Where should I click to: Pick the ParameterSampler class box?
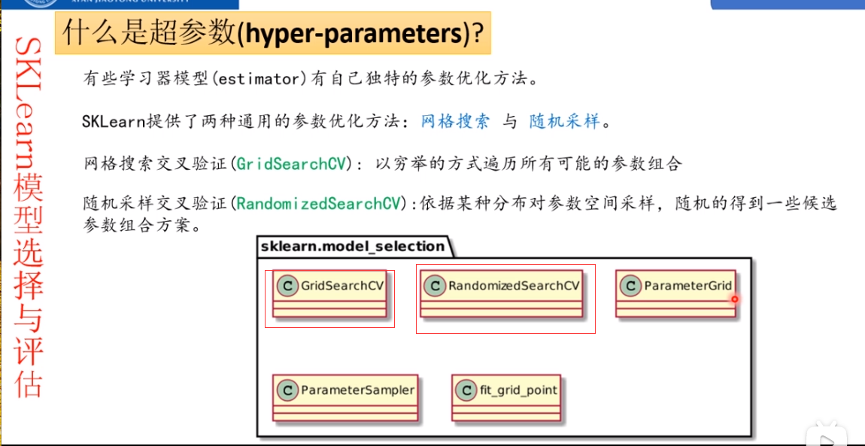[345, 399]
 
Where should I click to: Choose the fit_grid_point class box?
[508, 399]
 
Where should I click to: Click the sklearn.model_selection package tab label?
[353, 246]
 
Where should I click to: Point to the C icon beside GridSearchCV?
[287, 286]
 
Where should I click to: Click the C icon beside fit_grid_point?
[466, 390]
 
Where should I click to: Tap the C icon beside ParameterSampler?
[287, 390]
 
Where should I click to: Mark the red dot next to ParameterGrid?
[734, 299]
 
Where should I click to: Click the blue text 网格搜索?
[455, 120]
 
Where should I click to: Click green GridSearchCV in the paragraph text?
[291, 163]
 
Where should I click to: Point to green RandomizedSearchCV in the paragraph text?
[318, 204]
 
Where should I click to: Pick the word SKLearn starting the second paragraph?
[113, 121]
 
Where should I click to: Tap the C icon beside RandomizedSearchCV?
[434, 286]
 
